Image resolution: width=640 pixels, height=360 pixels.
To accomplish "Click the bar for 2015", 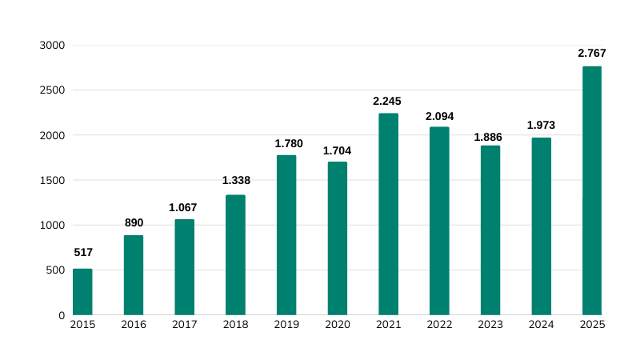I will coord(82,292).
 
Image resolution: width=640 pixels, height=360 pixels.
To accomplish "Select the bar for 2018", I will coord(235,255).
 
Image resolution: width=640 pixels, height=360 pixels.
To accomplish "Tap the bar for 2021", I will coord(388,214).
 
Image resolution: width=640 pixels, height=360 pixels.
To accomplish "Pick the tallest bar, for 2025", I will coord(592,190).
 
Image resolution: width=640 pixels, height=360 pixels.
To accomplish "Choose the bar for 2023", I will coord(490,230).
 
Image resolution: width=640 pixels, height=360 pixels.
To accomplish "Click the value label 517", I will coord(83,252).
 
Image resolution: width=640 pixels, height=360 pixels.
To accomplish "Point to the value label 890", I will coord(134,222).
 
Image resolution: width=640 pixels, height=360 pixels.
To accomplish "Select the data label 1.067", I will coord(183,207).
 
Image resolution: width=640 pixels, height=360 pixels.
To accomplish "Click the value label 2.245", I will coord(387,101).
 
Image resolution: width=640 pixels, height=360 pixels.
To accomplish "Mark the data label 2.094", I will coord(439,116).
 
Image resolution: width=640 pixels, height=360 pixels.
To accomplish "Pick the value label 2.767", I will coord(592,53).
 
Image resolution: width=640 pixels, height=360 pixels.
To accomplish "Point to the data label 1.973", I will coord(541,125).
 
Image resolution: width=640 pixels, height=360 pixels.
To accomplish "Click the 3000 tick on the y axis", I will coord(51,46).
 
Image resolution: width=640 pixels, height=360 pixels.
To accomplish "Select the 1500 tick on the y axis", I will coord(51,180).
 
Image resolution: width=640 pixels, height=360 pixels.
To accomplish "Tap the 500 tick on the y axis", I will coord(54,270).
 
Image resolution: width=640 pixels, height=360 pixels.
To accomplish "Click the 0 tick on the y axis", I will coord(61,315).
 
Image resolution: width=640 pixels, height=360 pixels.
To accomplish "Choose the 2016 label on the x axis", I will coord(134,325).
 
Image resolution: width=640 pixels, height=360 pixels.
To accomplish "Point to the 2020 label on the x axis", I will coord(338,325).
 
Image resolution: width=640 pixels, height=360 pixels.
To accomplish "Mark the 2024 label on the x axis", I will coord(542,325).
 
